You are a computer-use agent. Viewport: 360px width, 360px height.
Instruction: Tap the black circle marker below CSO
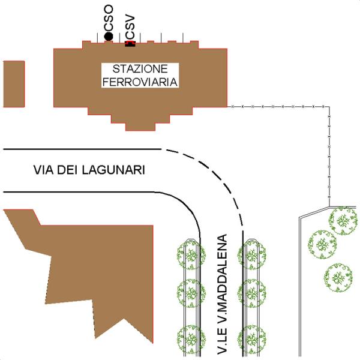(108, 37)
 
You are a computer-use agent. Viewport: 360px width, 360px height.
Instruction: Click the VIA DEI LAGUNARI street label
(89, 170)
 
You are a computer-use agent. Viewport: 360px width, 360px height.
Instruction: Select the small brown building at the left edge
(13, 83)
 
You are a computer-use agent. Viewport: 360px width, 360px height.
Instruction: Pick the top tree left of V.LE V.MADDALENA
(191, 255)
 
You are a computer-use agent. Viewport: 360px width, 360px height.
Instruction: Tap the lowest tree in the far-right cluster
(338, 277)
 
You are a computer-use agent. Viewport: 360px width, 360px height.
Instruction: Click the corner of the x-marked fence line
(329, 107)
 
